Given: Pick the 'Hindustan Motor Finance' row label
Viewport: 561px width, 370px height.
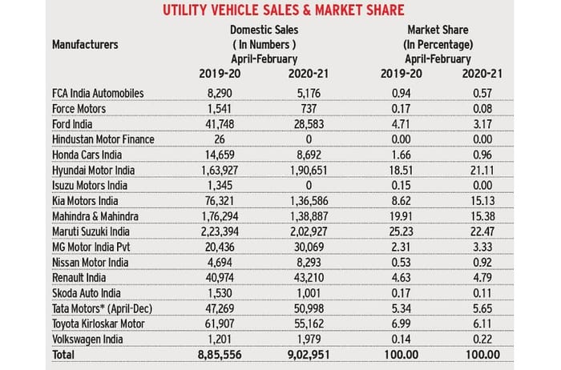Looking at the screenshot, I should point(102,139).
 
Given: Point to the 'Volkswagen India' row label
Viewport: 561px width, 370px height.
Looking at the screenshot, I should point(89,338).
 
